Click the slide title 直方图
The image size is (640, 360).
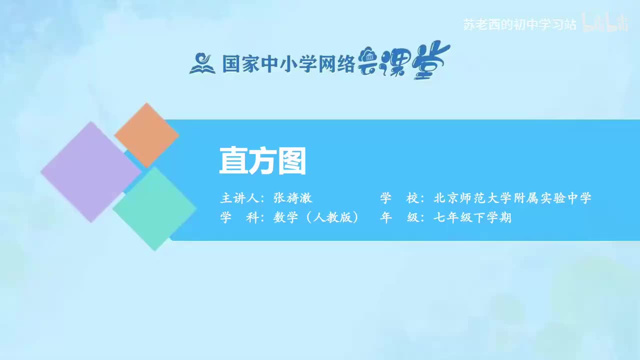pos(262,161)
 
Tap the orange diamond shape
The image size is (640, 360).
pos(146,135)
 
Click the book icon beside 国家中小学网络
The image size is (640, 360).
pos(202,63)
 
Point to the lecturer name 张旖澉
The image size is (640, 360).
pos(292,198)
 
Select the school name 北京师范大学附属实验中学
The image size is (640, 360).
pos(512,198)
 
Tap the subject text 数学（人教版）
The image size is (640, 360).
pos(316,218)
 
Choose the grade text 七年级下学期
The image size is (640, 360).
pos(472,218)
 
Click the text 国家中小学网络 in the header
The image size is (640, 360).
pos(288,64)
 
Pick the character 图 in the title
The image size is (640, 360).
pos(291,161)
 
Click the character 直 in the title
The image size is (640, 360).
pos(233,161)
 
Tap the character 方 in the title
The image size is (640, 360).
pos(262,161)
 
